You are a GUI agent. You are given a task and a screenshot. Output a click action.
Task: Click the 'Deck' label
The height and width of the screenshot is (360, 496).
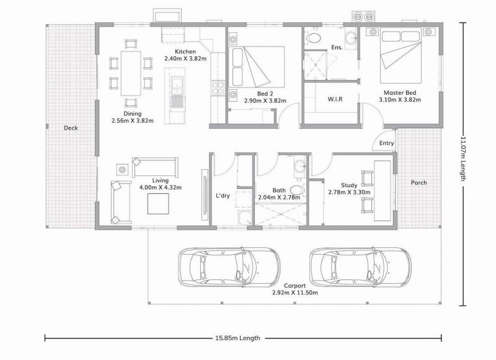pos(70,128)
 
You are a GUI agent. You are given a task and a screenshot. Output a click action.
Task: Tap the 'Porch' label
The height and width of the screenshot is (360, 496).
pos(418,183)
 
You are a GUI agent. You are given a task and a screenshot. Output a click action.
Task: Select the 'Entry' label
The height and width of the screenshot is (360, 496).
pos(386,144)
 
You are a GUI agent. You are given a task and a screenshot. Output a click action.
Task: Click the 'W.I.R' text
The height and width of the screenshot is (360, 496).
pos(335,99)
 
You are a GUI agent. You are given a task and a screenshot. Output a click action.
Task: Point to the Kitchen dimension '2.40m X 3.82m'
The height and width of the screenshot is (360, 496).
pos(185,58)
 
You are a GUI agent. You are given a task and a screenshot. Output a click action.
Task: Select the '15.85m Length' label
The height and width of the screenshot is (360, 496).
pos(237,338)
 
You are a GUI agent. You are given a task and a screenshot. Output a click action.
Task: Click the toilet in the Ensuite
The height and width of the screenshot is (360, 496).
pos(316,40)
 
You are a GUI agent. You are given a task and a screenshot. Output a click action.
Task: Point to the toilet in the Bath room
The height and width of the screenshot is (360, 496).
pos(297,189)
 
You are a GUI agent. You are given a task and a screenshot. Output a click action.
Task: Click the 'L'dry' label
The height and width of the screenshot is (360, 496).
pos(223,196)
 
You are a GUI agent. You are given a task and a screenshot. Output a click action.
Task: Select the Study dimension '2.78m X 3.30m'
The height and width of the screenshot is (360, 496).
pos(349,193)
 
